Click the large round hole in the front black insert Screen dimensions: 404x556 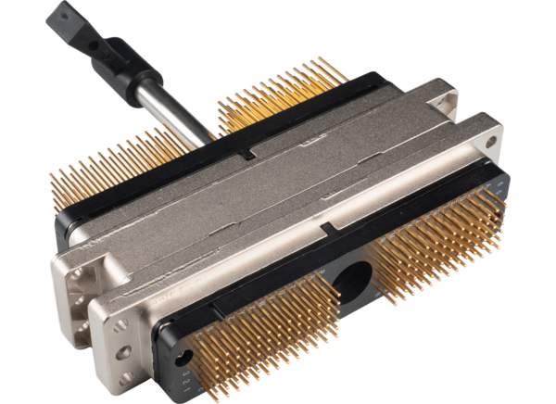(x=352, y=277)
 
